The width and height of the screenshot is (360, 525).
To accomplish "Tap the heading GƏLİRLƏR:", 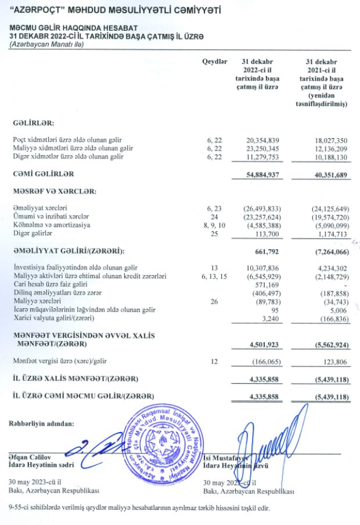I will coord(34,124).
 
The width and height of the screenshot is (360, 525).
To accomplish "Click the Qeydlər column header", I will coord(214,61).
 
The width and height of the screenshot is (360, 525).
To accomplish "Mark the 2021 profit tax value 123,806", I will coord(333,361).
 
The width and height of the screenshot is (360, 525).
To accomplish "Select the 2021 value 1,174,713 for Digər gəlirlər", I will coord(330,233).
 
